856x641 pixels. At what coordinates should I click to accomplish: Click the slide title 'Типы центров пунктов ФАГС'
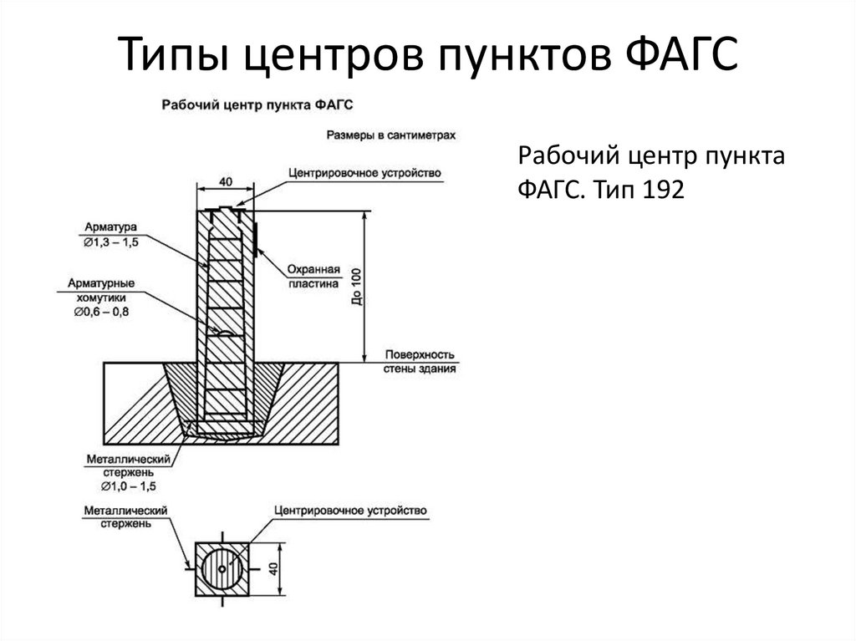click(x=427, y=56)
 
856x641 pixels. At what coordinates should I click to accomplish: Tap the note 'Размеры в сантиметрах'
click(x=390, y=134)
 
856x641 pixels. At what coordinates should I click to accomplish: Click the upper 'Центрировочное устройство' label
click(x=364, y=173)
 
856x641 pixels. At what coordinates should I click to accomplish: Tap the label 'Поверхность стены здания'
click(x=420, y=360)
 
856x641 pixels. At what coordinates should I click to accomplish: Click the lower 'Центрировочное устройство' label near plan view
click(x=350, y=510)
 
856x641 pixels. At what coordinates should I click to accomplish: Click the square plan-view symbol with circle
click(x=223, y=568)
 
